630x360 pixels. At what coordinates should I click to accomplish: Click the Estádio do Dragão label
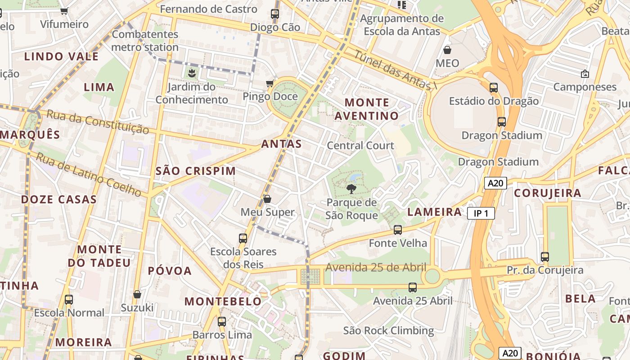pos(494,101)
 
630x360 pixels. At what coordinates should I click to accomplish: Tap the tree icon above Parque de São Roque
pos(351,189)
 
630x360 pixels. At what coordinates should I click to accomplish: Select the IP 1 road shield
pos(481,213)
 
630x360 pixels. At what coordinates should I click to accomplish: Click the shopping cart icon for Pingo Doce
pos(270,83)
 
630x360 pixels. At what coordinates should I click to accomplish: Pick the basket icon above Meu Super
pos(267,199)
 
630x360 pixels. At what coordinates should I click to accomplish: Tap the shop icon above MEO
pos(447,49)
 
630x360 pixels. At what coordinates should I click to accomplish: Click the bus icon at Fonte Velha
pos(398,230)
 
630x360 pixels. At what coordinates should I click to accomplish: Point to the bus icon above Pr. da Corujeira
pos(545,257)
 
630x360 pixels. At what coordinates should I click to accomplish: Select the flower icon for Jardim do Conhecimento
pos(192,73)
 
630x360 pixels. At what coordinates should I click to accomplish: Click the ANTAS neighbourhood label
pos(281,144)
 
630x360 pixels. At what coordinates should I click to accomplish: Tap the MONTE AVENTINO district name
pos(366,109)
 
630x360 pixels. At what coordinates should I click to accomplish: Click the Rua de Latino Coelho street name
pos(89,174)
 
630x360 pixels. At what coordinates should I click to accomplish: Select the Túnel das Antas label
pos(396,70)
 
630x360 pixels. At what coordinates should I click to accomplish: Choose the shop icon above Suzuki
pos(137,295)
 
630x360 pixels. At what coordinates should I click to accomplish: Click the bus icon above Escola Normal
pos(69,299)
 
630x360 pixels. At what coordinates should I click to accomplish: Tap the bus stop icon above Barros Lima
pos(222,322)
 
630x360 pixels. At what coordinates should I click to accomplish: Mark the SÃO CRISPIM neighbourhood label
pos(196,171)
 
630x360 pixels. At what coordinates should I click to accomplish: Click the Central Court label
pos(360,145)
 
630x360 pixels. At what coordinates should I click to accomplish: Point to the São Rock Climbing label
pos(388,331)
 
